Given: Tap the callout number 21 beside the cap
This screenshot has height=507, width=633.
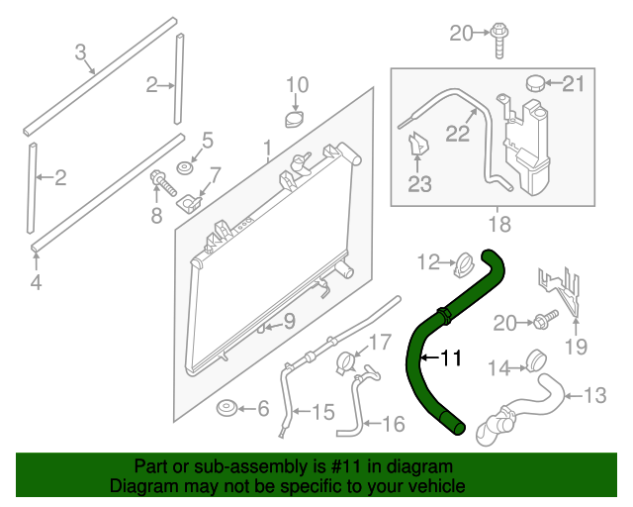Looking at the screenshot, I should click(574, 84).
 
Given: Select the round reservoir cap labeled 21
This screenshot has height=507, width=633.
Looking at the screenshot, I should click(537, 83).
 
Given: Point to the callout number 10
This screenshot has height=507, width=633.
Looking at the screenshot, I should click(297, 84).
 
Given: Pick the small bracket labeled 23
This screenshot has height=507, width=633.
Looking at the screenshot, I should click(418, 146).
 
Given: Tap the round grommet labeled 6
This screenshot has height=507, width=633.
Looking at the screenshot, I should click(226, 408).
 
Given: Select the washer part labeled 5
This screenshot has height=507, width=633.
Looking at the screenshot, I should click(185, 166).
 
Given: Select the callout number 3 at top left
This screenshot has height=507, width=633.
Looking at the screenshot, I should click(81, 51).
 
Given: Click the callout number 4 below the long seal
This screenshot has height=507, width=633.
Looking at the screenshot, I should click(36, 284).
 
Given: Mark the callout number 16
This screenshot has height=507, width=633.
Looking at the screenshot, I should click(393, 424).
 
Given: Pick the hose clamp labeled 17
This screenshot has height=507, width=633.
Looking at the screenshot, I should click(345, 361).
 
